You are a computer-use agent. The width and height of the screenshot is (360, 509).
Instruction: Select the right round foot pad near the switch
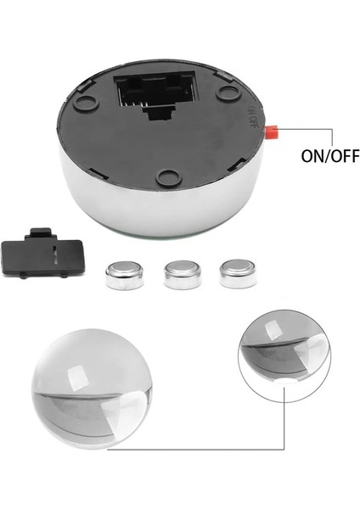(x=226, y=91)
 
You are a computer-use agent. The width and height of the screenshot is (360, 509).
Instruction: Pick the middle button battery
(x=179, y=273)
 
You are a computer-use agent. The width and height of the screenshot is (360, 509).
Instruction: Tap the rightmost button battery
(x=234, y=273)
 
